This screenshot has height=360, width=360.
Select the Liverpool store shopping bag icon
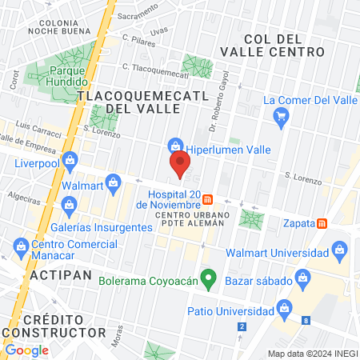point(70,159)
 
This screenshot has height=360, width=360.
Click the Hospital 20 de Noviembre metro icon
point(207,198)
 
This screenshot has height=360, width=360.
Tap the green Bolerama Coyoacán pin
point(209,280)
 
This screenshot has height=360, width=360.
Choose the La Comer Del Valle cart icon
point(281,118)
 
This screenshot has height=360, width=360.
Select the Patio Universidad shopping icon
point(282,308)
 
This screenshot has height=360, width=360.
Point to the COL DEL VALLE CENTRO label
point(284,45)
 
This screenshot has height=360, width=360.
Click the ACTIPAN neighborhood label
point(57,274)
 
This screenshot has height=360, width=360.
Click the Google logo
point(26,350)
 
